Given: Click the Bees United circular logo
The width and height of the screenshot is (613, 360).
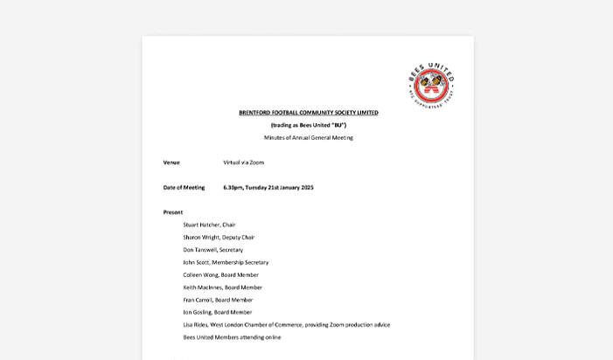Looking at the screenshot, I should click(431, 85).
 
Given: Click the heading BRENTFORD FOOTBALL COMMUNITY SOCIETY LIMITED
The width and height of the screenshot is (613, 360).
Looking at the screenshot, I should click(308, 113).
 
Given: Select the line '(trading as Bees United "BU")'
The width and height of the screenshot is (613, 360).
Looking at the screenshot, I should click(308, 125).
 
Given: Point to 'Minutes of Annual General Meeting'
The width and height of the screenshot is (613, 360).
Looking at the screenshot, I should click(308, 138).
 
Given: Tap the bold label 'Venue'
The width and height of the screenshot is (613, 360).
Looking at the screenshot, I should click(171, 163).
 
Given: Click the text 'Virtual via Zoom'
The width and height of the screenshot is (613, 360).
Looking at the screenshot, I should click(243, 163).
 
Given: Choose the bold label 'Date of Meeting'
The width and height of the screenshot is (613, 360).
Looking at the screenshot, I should click(184, 187).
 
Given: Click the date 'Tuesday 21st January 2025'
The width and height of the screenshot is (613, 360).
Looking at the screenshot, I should click(279, 187).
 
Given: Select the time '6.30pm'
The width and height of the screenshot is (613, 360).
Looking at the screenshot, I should click(233, 187).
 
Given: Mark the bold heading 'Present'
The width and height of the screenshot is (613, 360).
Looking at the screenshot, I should click(173, 212).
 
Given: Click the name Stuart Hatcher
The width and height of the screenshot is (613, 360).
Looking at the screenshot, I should click(200, 225).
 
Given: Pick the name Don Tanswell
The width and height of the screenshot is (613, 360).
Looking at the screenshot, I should click(199, 250).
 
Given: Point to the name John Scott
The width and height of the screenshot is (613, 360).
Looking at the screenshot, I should click(196, 262).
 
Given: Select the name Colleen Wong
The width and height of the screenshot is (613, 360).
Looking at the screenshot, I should click(199, 274).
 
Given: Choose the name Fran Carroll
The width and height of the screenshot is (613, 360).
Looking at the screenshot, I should click(198, 300).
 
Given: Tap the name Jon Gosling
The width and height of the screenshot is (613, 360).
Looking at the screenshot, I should click(197, 312).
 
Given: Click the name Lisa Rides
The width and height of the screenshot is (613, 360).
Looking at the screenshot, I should click(196, 325).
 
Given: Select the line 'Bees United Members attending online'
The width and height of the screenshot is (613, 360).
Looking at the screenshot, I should click(232, 337).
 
